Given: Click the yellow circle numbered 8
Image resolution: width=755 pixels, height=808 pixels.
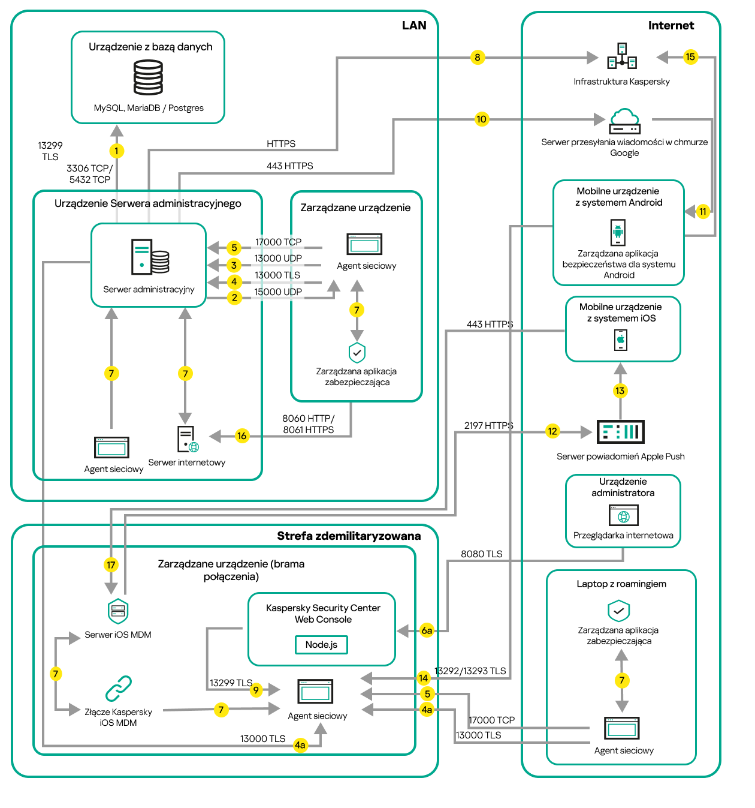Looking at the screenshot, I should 477,58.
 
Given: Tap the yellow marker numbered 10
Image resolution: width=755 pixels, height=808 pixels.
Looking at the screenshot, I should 481,119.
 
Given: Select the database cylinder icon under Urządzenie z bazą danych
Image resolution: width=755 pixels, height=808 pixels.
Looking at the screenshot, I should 148,78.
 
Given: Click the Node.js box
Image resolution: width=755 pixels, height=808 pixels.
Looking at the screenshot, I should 321,645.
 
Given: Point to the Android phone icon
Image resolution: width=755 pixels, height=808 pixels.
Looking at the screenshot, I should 618,232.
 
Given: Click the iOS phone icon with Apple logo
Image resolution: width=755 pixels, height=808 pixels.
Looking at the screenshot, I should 621,340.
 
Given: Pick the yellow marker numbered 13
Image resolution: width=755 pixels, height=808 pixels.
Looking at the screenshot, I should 620,391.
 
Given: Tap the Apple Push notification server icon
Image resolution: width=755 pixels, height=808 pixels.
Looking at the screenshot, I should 621,432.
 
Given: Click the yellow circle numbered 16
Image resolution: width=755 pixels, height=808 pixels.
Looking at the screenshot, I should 241,436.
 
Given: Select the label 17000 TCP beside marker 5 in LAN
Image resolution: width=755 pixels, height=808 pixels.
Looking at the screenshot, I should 278,242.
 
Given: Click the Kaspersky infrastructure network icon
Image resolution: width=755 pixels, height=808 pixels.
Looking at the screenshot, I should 622,56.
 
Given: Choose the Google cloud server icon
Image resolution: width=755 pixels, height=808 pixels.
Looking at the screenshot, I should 624,122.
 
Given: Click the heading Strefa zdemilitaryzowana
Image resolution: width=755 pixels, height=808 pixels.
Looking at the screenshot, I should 348,536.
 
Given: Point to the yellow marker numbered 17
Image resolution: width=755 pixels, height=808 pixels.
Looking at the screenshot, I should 111,564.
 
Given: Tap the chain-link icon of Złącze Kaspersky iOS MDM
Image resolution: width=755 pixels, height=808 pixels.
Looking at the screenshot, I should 119,689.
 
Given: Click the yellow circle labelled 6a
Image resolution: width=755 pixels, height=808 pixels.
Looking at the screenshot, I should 427,630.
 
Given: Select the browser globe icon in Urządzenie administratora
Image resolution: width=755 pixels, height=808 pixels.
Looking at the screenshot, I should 624,515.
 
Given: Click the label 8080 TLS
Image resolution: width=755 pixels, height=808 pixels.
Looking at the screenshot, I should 481,554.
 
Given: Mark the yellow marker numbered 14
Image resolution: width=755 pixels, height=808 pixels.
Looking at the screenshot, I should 423,678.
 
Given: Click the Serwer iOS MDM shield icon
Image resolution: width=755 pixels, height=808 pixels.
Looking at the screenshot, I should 118,611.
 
